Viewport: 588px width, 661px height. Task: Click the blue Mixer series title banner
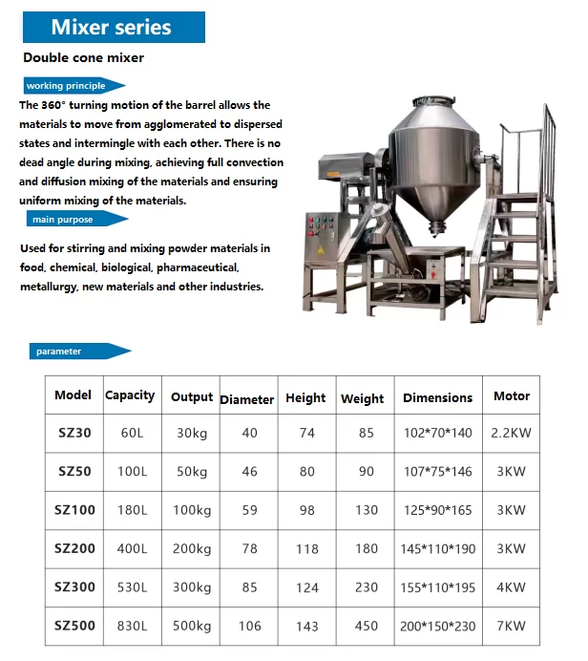112,27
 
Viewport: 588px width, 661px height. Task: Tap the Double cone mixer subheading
84,58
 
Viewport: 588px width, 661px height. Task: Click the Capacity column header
130,395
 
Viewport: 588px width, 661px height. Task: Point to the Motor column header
512,395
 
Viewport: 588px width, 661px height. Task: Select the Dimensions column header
438,397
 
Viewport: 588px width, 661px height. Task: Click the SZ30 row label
74,433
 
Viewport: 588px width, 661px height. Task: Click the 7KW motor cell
512,627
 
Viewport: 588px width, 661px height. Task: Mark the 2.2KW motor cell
512,433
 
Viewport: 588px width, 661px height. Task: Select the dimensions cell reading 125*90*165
438,511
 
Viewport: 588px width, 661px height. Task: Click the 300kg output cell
192,587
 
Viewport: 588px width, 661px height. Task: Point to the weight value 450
367,627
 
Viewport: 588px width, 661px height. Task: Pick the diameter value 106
250,627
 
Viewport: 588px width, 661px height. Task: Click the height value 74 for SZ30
306,433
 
